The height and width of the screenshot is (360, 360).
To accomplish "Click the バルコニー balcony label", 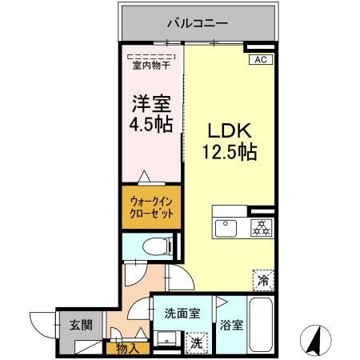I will coord(198,22).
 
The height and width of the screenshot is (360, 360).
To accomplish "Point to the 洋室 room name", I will coord(151,104).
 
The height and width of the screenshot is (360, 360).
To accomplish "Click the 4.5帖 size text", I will coord(151,126).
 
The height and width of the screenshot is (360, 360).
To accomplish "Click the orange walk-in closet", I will coord(151,207).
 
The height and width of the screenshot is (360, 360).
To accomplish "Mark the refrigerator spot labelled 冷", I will coord(262,280).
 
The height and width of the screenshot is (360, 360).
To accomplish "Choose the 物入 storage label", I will coord(126,348).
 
